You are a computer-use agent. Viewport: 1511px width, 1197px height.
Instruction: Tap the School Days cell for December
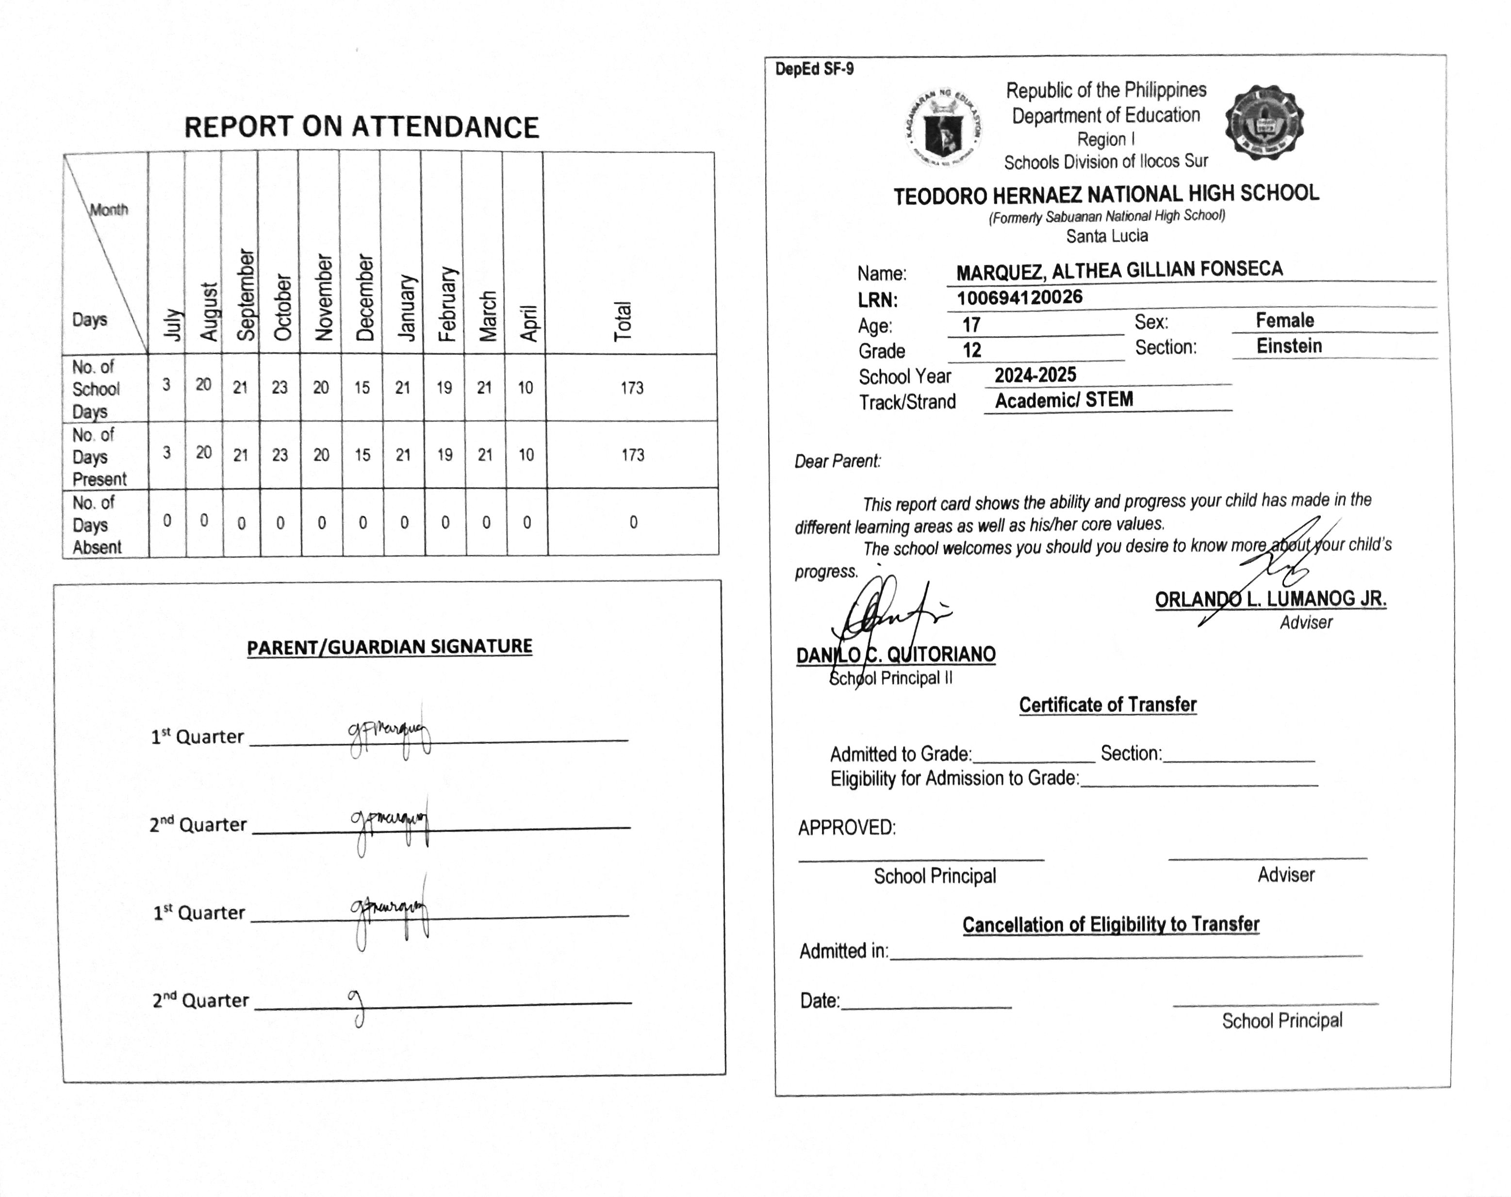[x=361, y=388]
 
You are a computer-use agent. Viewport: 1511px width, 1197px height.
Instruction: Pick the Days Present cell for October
[x=279, y=455]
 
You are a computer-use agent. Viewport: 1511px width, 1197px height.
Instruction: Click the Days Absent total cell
[x=633, y=522]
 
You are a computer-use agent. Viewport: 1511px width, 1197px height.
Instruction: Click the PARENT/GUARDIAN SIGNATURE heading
[x=389, y=647]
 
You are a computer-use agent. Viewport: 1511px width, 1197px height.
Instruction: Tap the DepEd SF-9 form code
[x=814, y=69]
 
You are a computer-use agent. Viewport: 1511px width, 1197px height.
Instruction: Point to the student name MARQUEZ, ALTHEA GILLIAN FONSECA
[x=1119, y=270]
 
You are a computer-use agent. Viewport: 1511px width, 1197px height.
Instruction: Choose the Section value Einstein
[x=1288, y=346]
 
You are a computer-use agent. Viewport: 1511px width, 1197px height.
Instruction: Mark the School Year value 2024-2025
[x=1035, y=376]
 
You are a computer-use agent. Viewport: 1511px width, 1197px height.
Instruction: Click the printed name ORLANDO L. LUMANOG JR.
[x=1270, y=599]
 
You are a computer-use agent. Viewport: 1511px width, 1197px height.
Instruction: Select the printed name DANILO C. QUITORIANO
[x=896, y=655]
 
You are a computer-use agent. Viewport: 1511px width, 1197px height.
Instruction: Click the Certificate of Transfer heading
[x=1107, y=705]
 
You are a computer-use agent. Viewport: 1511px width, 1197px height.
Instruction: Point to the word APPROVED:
[x=847, y=828]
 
